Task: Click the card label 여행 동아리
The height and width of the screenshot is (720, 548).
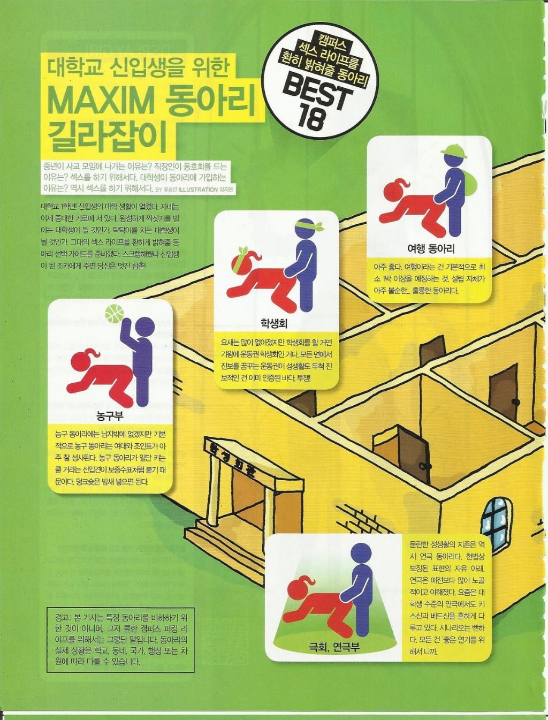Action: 431,248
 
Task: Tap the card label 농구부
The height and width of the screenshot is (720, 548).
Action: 110,416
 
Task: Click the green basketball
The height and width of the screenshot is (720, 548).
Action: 114,314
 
